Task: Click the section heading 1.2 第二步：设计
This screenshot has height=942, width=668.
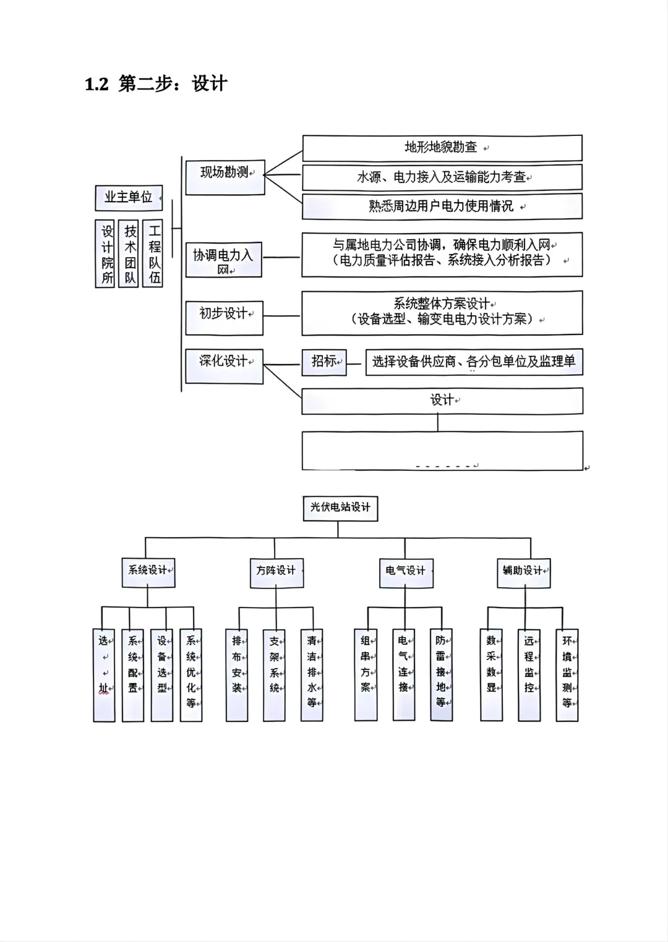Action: point(156,83)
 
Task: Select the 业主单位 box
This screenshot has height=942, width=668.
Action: point(129,198)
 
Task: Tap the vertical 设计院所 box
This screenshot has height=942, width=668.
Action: point(105,253)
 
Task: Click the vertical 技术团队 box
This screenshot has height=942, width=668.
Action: point(129,253)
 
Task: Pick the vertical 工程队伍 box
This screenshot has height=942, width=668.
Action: point(152,253)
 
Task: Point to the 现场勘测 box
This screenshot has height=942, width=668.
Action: point(225,177)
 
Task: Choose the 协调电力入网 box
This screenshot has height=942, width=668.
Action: point(223,260)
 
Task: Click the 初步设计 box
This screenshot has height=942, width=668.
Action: point(225,318)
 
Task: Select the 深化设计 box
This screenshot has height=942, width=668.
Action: point(225,367)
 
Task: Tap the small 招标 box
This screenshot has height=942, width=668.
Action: point(324,362)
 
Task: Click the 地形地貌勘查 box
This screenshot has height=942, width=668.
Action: point(442,148)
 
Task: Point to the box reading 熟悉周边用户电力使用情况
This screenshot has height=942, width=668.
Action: point(442,206)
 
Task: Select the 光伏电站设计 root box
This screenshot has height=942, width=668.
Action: point(341,509)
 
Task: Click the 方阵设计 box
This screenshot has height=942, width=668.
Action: point(276,573)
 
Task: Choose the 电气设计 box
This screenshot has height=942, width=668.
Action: point(406,573)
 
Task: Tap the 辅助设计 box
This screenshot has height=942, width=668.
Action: point(524,573)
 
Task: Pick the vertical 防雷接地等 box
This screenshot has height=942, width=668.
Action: point(442,675)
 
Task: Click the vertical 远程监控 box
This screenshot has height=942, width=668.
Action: point(529,675)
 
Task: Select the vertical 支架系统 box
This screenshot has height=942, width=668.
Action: point(274,675)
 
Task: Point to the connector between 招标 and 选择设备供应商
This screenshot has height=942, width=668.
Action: point(354,364)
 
